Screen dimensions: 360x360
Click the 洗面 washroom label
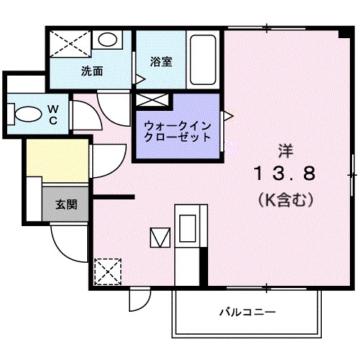point(91,71)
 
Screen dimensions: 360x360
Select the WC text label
point(53,114)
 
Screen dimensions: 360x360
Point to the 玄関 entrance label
point(67,204)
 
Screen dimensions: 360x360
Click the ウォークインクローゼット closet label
point(177,130)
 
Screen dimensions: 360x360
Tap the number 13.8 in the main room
point(283,174)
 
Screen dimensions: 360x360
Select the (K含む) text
point(285,201)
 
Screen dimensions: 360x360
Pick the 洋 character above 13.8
point(285,150)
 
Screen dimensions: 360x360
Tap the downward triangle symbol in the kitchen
point(158,235)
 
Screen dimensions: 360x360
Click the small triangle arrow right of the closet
point(228,114)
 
